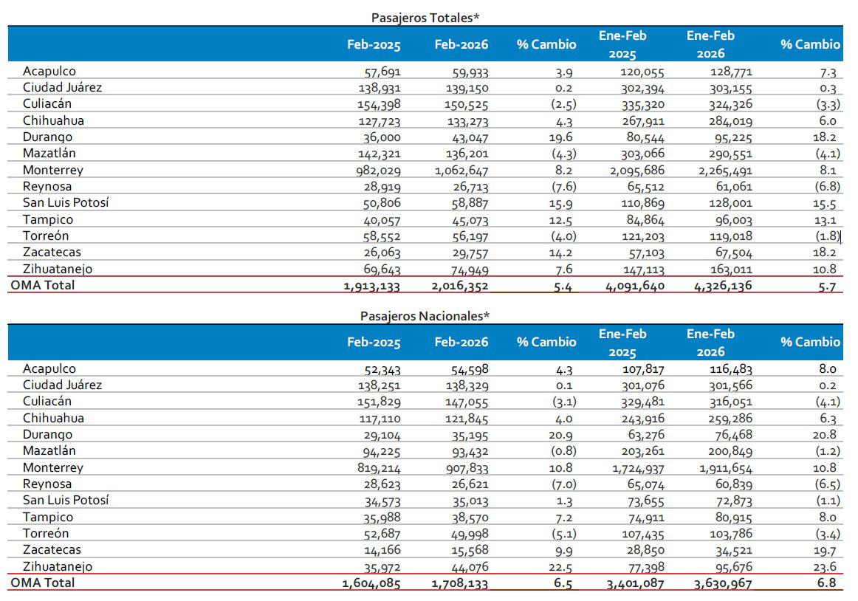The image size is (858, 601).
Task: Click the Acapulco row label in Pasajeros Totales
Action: point(49,72)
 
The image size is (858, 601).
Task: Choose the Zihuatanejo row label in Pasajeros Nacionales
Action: point(58,567)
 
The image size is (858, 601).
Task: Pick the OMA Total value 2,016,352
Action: point(459,286)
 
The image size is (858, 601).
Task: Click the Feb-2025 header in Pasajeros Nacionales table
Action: point(374,342)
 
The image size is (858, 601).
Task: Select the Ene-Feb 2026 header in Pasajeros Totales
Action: point(710,44)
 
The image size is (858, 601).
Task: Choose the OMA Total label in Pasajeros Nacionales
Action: point(42,583)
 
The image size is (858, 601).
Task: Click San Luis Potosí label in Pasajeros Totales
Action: point(66,203)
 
